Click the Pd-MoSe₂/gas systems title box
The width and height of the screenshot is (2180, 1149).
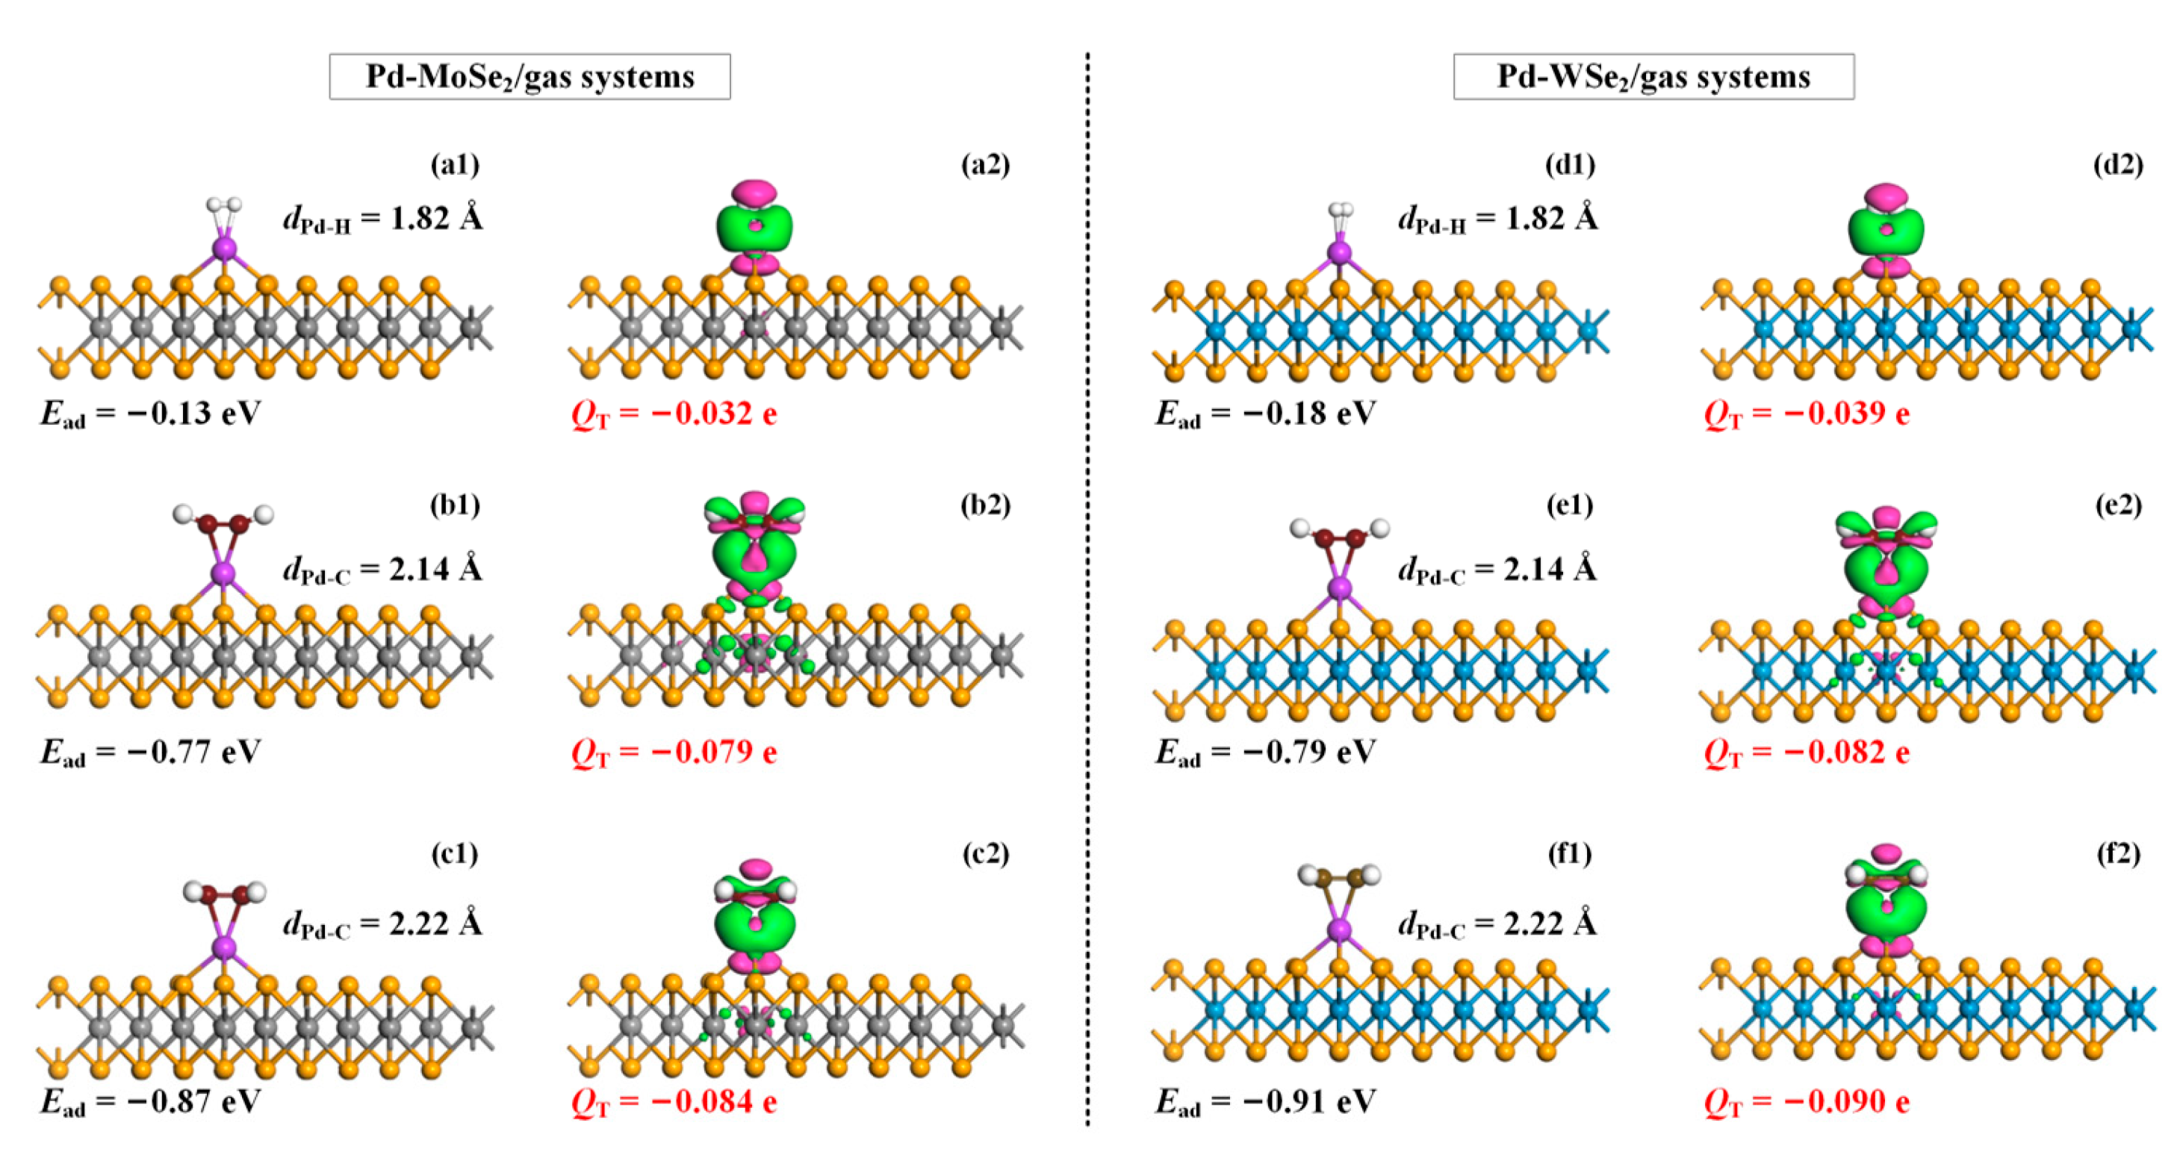530,77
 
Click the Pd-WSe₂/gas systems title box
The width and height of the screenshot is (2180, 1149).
1653,77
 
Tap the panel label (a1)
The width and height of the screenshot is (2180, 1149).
456,164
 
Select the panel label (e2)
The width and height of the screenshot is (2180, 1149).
2118,505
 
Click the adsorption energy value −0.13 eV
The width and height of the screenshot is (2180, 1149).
151,414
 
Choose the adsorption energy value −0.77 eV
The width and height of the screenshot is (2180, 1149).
151,751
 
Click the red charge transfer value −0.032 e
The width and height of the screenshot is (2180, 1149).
674,414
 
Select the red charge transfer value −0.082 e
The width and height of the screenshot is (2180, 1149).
1807,751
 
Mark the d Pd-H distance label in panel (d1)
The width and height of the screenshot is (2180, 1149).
1498,219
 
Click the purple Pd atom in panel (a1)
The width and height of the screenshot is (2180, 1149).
223,249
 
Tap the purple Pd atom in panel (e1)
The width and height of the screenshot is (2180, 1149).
1339,588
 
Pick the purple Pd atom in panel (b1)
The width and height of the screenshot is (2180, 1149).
223,573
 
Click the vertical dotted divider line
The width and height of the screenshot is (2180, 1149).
1087,592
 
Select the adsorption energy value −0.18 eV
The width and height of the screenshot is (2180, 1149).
1266,414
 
